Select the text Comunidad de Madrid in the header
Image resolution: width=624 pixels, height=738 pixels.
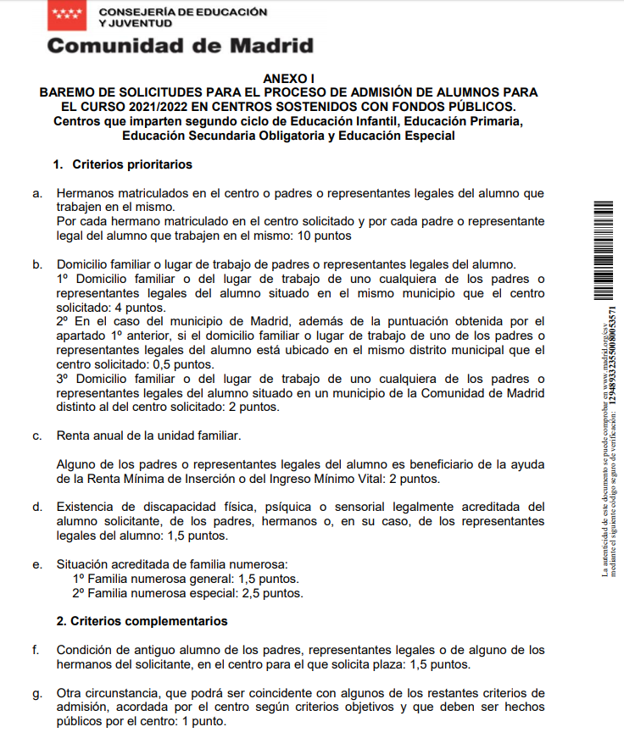coord(180,46)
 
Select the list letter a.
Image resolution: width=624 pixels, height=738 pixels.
coord(36,193)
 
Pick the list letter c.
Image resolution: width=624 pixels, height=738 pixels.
coord(36,436)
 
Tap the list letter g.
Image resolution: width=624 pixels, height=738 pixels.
coord(36,692)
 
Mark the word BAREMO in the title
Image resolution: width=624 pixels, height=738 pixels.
coord(70,92)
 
